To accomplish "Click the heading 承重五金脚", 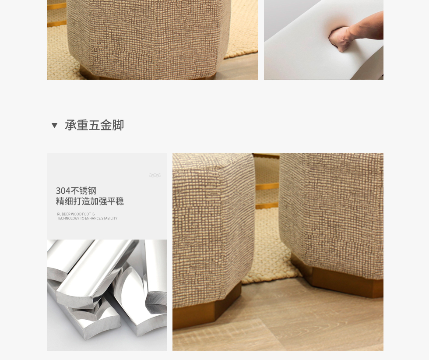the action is point(95,125).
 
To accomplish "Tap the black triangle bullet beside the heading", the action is point(54,125).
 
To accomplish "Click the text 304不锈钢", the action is point(76,191).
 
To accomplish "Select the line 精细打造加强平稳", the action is point(90,201).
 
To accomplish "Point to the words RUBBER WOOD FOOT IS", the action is point(76,214).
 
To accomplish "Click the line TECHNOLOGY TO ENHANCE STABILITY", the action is point(87,218).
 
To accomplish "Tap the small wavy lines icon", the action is point(155,175).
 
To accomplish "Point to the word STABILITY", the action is point(109,218).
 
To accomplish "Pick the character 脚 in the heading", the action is point(118,125).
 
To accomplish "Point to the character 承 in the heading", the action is point(70,125).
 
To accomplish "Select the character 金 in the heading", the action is point(106,125).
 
